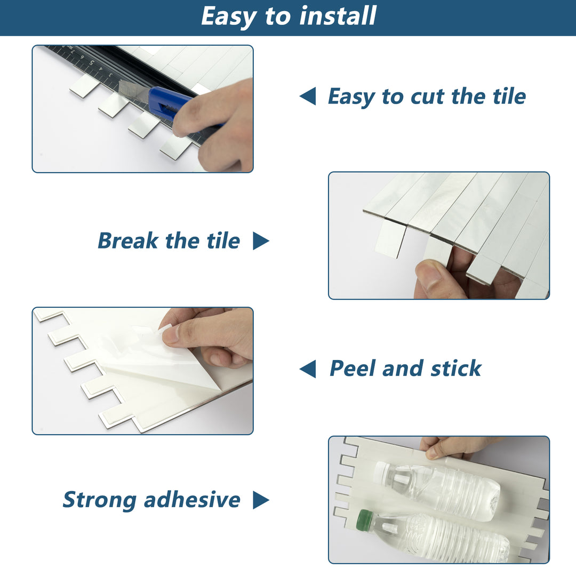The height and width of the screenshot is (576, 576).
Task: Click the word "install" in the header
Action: pos(338,16)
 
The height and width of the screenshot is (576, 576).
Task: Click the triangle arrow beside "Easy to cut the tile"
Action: pos(308,97)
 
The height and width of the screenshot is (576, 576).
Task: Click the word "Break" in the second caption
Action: pos(127,241)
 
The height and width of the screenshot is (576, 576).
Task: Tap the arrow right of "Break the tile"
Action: pos(260,241)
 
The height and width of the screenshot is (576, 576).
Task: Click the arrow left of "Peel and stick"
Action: pos(308,369)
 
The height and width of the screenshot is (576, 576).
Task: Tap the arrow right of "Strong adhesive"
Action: pos(260,500)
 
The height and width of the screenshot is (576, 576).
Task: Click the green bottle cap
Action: pos(365,518)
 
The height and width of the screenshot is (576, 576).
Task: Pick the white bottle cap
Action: pos(381,470)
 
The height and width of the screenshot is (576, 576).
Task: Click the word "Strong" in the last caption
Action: pos(99,500)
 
